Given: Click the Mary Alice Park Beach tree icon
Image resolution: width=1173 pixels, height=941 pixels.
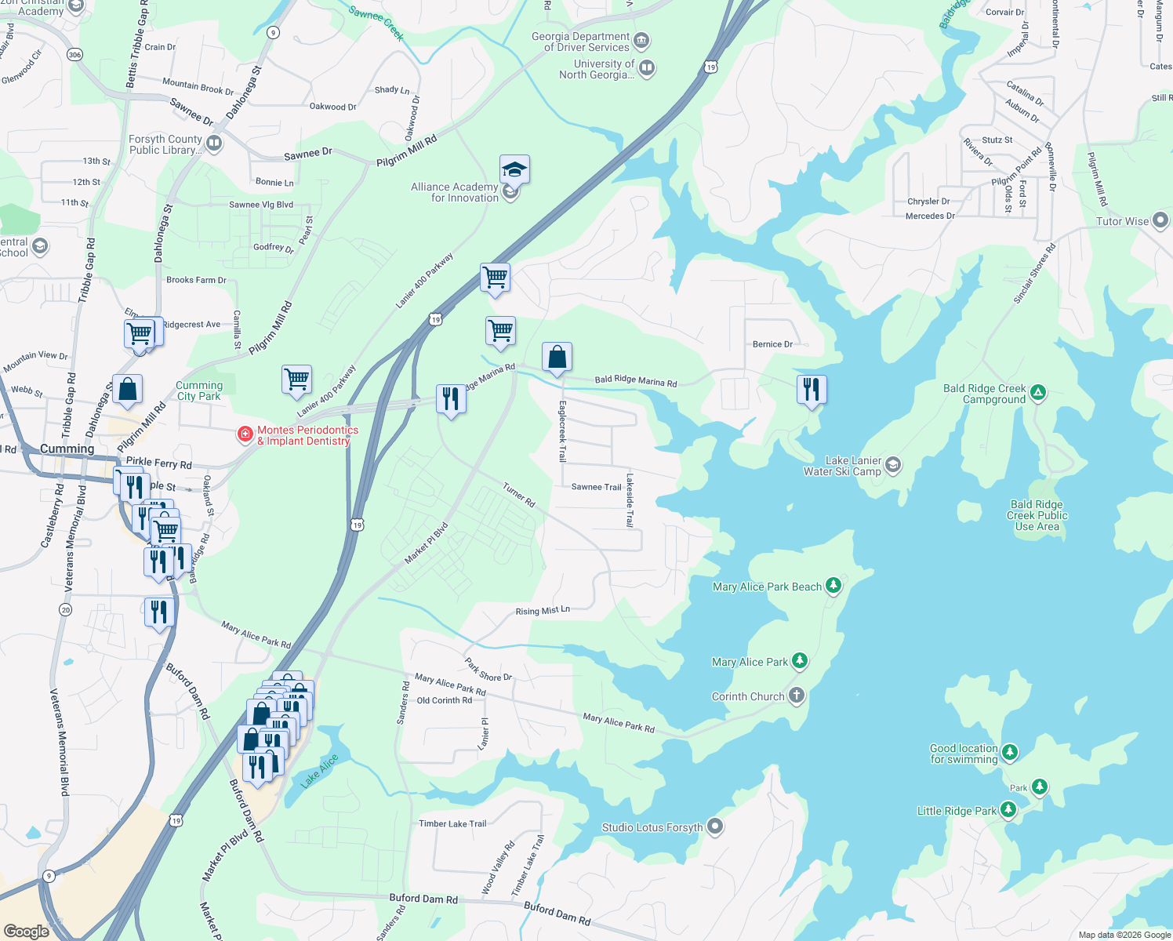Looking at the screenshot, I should click(x=833, y=586).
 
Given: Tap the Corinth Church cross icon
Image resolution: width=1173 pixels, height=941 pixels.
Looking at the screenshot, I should click(x=797, y=696).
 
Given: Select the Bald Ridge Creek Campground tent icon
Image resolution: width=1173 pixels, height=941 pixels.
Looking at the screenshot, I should click(x=1038, y=392).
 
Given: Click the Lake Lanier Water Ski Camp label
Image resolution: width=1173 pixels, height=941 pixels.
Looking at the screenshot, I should click(x=842, y=466).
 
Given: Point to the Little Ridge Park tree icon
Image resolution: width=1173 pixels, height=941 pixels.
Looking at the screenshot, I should click(x=1008, y=810).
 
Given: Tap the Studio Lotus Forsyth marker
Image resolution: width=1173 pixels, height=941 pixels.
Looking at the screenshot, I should click(x=714, y=827).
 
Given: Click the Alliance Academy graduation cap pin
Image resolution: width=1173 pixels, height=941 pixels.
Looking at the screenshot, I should click(x=514, y=169).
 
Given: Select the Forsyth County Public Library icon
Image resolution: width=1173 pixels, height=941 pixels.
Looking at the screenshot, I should click(x=214, y=144).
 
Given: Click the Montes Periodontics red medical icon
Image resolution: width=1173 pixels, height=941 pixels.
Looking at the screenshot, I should click(x=245, y=434).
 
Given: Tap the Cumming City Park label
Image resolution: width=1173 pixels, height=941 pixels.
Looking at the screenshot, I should click(x=199, y=391).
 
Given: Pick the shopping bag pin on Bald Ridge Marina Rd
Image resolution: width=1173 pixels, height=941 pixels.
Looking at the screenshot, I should click(x=557, y=358).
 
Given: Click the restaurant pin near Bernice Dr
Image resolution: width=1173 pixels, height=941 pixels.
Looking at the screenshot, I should click(x=812, y=389).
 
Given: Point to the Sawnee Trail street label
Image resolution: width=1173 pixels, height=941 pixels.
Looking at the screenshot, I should click(x=596, y=487).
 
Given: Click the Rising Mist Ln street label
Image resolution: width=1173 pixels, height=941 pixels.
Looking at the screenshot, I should click(x=543, y=611).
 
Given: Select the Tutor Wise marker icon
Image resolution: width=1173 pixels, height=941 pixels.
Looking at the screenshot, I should click(x=1160, y=220).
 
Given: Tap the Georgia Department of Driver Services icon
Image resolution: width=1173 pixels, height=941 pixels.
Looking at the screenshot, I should click(x=641, y=40).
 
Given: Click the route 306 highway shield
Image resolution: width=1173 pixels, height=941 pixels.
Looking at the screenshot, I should click(x=74, y=55).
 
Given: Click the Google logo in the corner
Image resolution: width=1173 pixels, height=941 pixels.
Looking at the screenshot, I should click(x=27, y=931).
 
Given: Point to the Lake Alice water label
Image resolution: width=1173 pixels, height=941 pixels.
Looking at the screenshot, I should click(x=320, y=770).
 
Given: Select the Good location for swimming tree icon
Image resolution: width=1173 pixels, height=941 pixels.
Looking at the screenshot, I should click(x=1010, y=753).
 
